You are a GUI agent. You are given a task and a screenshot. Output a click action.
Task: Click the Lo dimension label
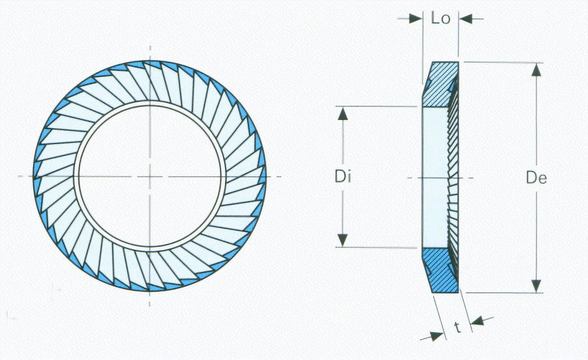click(x=441, y=18)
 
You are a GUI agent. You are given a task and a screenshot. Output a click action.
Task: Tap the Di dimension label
click(x=343, y=176)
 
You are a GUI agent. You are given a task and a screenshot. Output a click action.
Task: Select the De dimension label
click(x=538, y=177)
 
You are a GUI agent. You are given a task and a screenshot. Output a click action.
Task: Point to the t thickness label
click(x=458, y=327)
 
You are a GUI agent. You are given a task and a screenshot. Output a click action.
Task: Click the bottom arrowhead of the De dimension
click(x=536, y=285)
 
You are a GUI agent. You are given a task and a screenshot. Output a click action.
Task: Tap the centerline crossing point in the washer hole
click(x=151, y=176)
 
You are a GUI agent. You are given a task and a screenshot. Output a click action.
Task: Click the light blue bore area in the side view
click(x=434, y=176)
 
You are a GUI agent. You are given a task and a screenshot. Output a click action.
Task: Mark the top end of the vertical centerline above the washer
click(x=151, y=47)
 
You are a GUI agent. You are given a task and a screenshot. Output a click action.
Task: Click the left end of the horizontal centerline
click(x=18, y=176)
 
